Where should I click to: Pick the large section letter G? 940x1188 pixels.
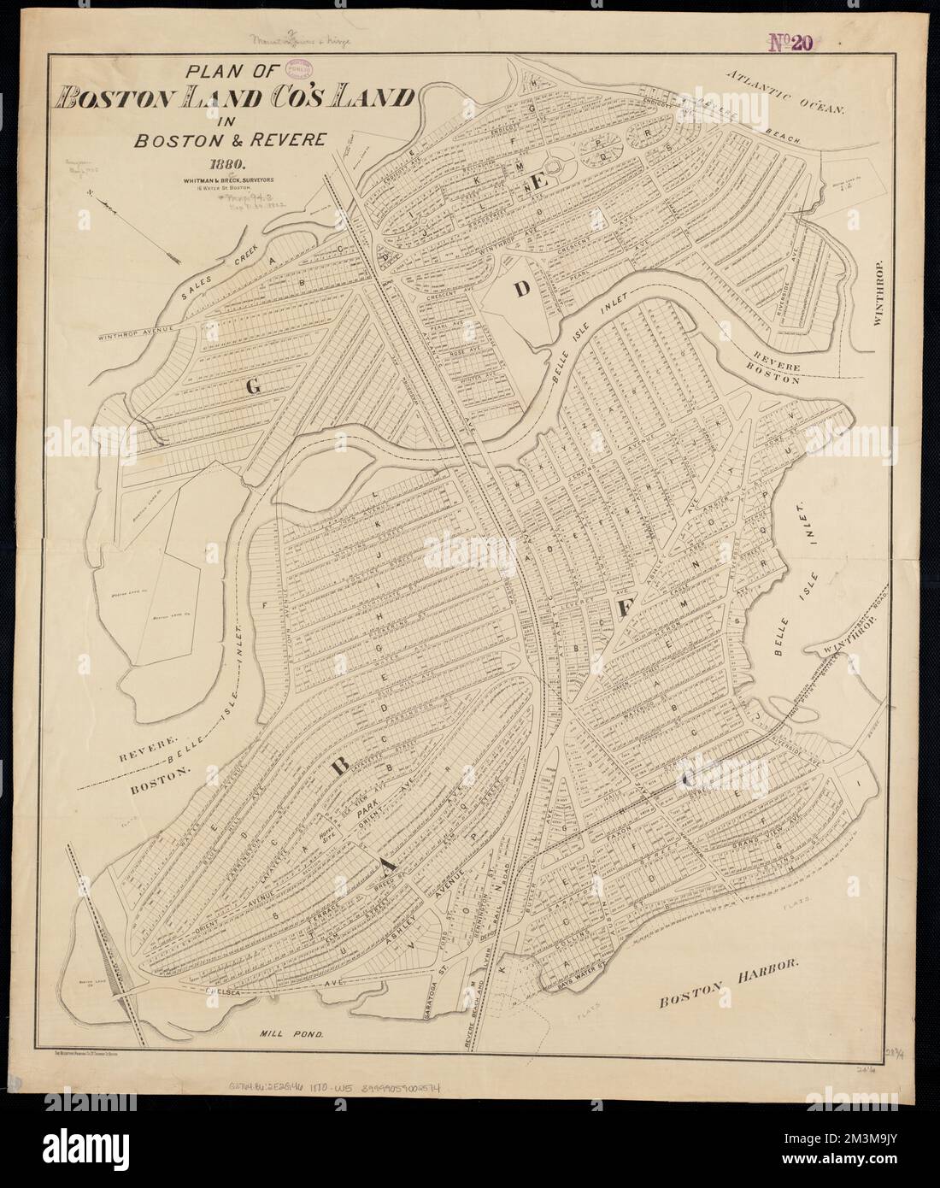coord(252,387)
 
